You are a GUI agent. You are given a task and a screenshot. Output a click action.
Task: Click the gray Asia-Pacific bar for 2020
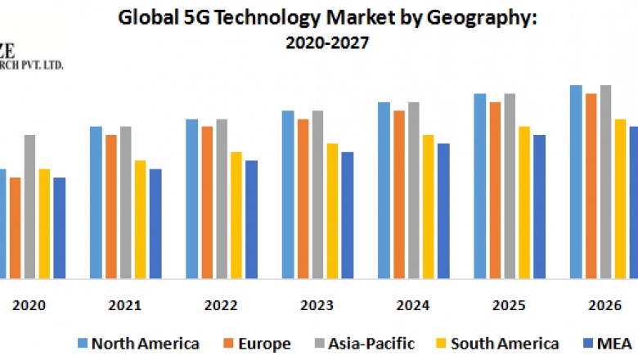pyautogui.click(x=29, y=206)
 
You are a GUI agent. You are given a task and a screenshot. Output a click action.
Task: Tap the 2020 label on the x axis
pyautogui.click(x=29, y=305)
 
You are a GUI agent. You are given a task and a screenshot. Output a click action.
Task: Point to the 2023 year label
pyautogui.click(x=317, y=305)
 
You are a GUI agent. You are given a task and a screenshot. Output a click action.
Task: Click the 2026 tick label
pyautogui.click(x=605, y=305)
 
